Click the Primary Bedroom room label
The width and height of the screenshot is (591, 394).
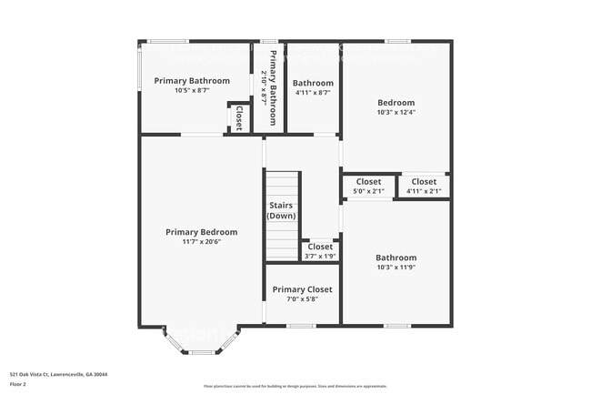201,232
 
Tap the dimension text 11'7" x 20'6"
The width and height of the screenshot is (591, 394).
201,242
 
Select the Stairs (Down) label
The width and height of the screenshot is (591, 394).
281,210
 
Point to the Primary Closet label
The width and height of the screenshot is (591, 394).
303,289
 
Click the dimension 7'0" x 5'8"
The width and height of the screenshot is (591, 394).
303,299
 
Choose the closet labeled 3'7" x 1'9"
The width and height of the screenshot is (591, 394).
320,250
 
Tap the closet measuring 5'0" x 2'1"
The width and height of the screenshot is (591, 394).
368,186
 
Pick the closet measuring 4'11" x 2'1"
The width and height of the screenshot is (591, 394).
424,186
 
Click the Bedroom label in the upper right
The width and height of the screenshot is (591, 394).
396,103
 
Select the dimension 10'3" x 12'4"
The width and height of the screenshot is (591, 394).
396,113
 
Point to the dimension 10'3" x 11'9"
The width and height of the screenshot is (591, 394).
396,268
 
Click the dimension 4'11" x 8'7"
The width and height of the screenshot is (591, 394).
312,92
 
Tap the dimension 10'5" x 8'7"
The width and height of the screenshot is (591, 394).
191,90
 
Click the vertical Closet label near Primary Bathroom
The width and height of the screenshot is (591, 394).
239,117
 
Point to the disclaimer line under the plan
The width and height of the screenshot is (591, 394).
295,387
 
